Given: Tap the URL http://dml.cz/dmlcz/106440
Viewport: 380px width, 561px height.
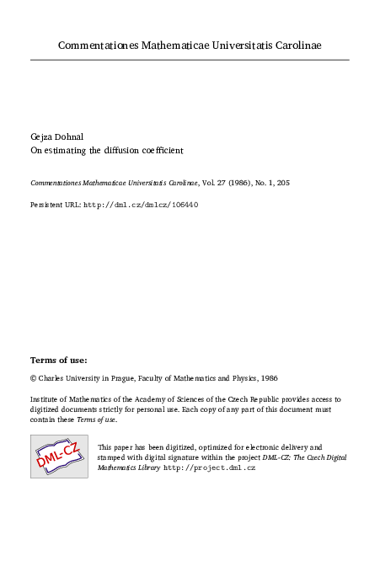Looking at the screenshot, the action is (141, 204).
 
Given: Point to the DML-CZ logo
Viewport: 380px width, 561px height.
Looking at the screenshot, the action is (59, 457).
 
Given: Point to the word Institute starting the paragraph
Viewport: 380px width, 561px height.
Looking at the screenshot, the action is (46, 399).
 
